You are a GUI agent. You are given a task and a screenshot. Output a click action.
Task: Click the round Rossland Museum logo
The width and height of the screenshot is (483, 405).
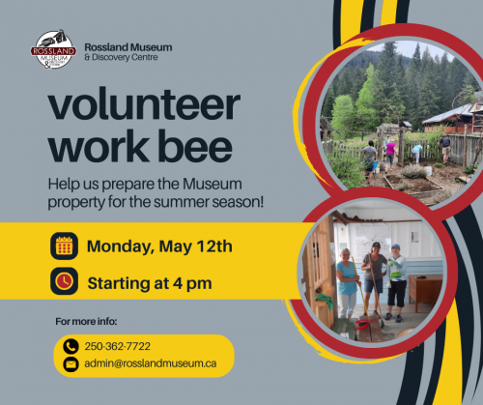(x=53, y=49)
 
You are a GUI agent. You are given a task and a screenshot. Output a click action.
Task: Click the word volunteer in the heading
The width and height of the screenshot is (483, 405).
(x=144, y=103)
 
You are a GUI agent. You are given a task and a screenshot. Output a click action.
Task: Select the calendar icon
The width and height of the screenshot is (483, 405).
(x=64, y=246)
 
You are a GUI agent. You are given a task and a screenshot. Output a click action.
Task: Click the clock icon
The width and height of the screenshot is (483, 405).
(x=64, y=281)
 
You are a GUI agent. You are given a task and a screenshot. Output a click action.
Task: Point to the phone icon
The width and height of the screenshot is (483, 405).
(x=71, y=346)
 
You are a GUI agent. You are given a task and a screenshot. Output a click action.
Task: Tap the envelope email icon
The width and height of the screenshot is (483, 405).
(x=71, y=364)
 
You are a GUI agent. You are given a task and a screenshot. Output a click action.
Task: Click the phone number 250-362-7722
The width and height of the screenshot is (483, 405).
(x=118, y=346)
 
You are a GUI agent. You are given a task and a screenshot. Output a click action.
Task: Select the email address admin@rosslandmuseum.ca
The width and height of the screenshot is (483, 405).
(x=151, y=363)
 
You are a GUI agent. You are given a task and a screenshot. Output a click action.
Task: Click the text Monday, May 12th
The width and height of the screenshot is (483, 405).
(x=159, y=246)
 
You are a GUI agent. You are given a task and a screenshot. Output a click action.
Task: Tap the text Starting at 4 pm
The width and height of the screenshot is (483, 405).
(x=150, y=283)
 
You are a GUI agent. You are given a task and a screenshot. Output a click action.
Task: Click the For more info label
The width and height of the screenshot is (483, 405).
(x=86, y=322)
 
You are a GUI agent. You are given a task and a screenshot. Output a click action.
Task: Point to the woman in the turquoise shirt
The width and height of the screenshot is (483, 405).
(x=347, y=283)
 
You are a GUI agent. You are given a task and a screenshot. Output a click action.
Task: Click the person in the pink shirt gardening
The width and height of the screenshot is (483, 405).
(x=390, y=154)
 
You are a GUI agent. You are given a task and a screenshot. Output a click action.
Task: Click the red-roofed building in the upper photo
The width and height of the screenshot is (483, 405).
(x=454, y=118)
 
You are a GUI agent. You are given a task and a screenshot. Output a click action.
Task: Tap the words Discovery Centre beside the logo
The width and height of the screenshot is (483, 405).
(x=125, y=57)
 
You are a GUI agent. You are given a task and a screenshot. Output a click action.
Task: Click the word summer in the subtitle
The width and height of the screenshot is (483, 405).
(x=182, y=202)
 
